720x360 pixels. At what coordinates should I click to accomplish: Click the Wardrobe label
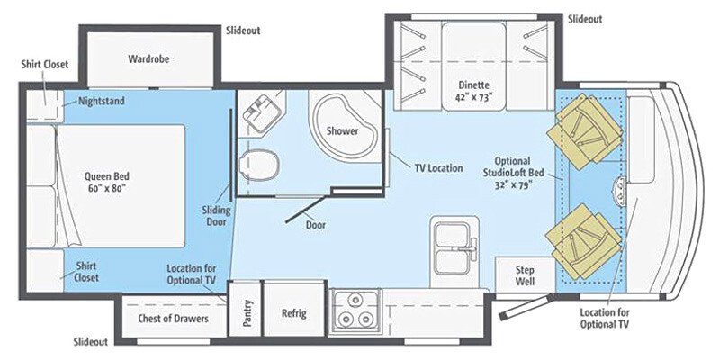point(148,59)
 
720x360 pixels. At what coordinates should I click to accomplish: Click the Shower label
point(342,130)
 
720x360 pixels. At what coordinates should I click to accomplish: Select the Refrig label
point(293,313)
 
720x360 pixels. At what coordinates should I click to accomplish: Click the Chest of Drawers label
point(173,319)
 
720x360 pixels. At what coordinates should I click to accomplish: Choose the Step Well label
point(526,275)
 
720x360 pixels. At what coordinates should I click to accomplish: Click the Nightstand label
point(102,101)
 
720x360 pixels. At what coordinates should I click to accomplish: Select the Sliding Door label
point(216,217)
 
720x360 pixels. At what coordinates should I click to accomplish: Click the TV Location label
point(438,167)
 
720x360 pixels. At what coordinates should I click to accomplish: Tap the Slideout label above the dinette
point(585,19)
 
